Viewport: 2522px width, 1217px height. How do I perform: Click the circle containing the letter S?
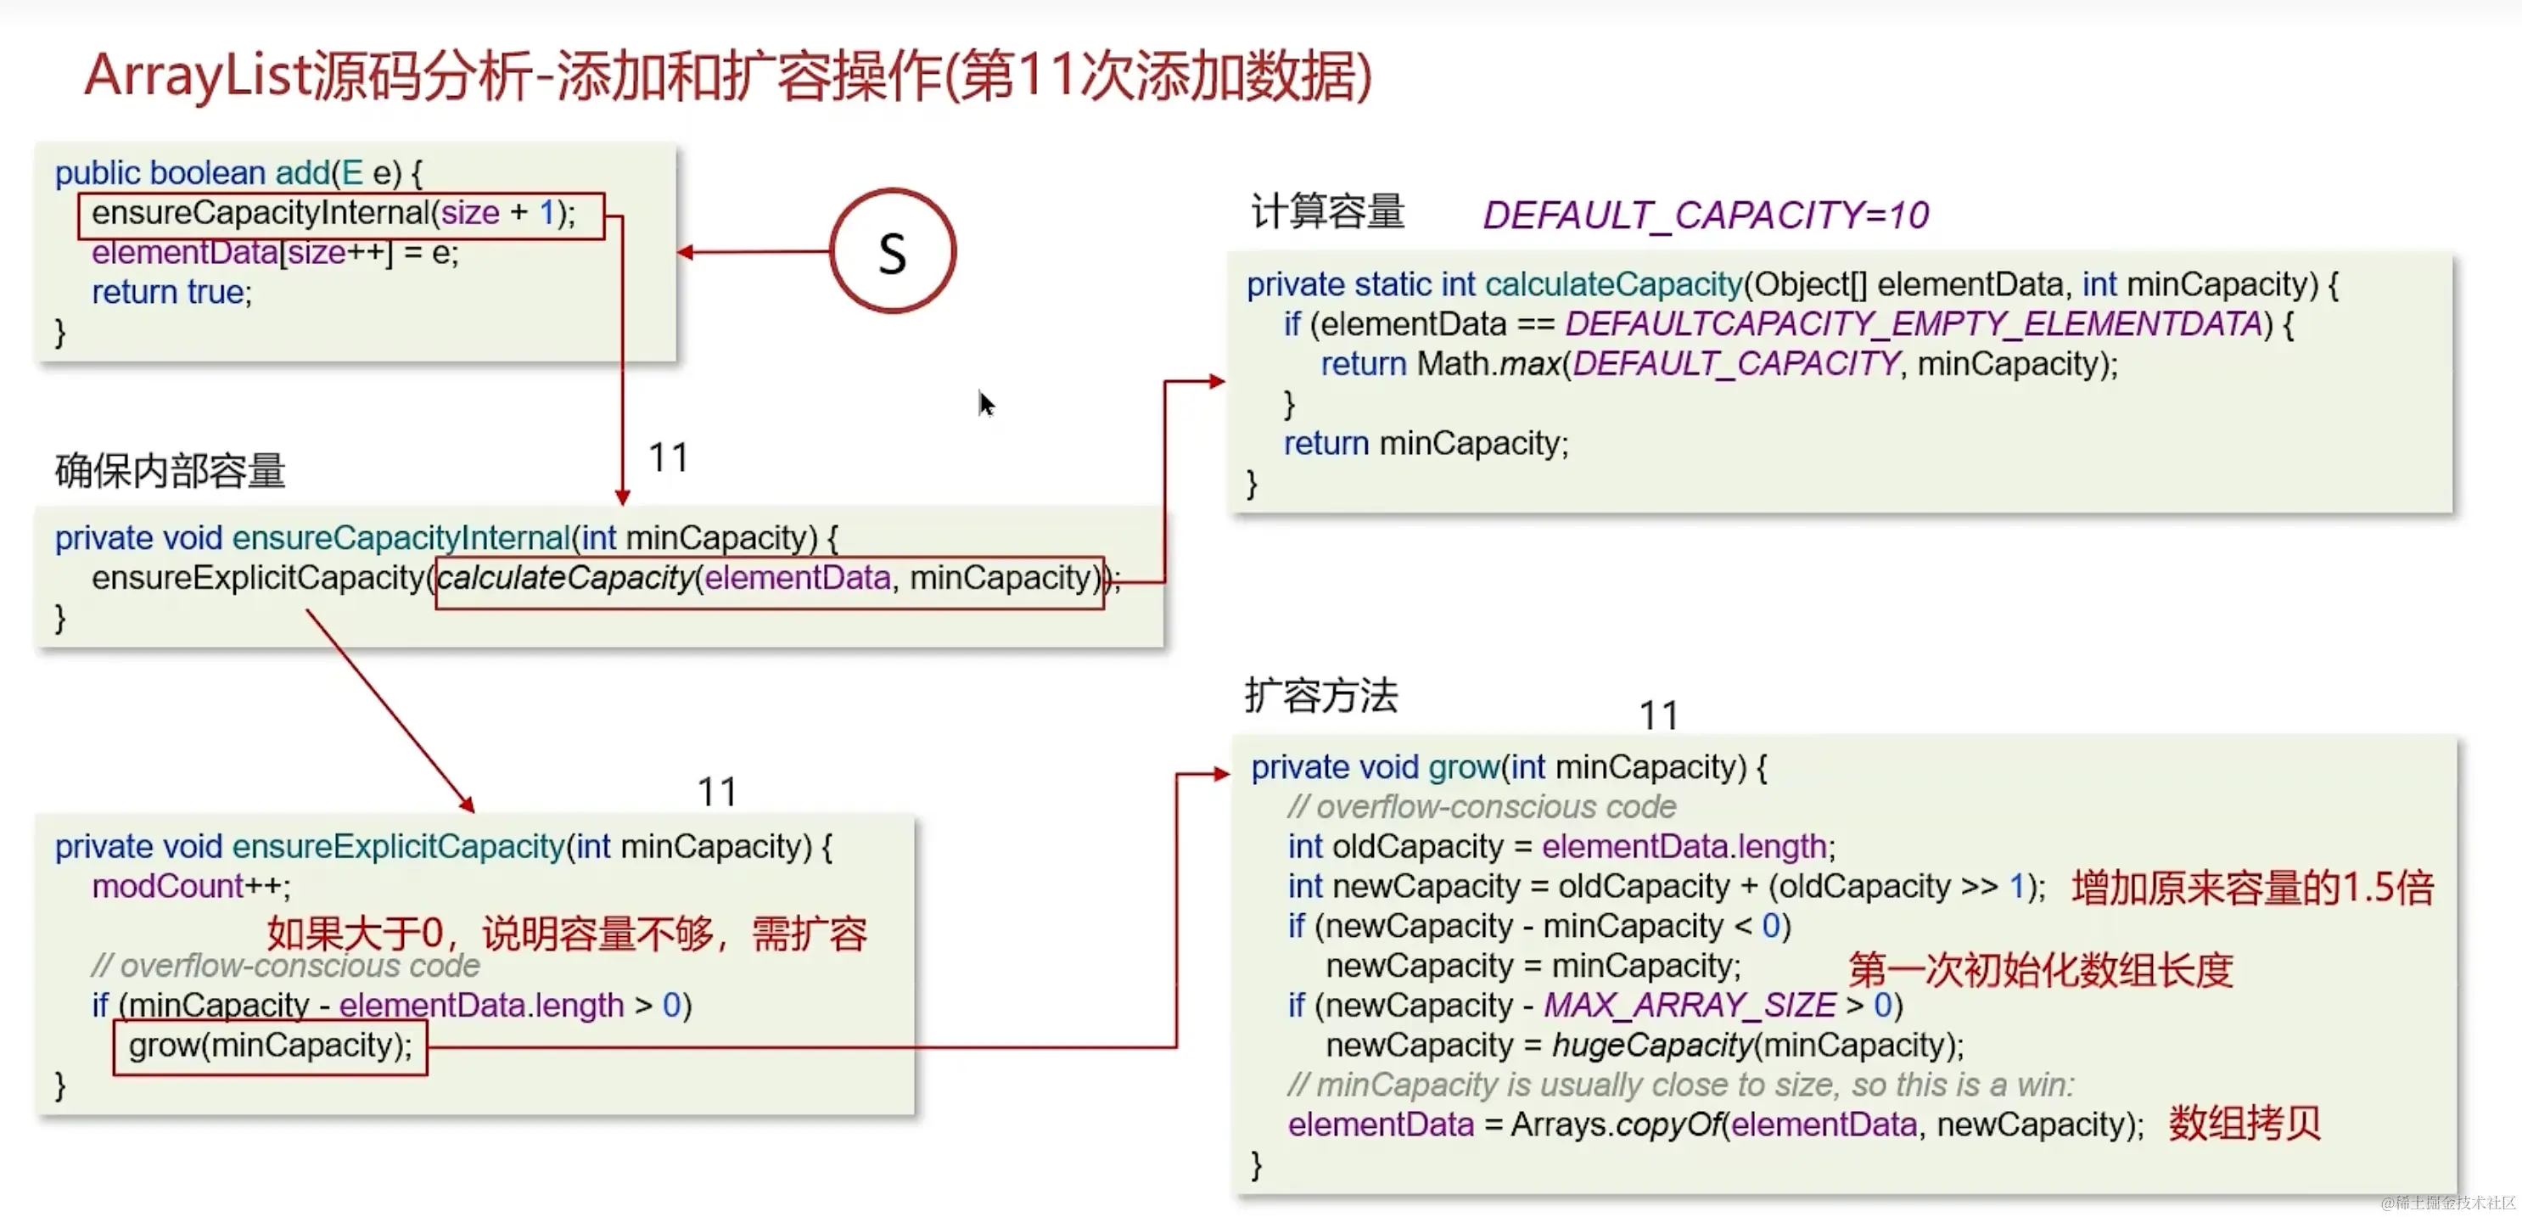coord(892,251)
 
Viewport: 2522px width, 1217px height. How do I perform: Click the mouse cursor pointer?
coord(985,402)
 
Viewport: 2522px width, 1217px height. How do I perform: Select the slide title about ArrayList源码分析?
coord(727,76)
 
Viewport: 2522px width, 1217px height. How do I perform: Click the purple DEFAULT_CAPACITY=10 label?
coord(1705,216)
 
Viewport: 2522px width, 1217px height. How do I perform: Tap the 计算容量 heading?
coord(1326,211)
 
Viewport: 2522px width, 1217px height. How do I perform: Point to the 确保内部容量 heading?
coord(170,471)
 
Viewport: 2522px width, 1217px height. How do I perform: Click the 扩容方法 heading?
coord(1320,696)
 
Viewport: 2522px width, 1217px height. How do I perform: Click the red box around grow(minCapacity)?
coord(270,1046)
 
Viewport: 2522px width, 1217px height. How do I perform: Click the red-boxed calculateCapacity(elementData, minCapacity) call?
coord(770,580)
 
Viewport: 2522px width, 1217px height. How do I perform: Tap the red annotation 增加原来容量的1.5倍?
coord(2252,888)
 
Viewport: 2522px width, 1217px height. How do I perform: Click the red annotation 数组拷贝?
coord(2244,1123)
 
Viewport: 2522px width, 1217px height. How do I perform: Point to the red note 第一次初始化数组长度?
coord(2040,969)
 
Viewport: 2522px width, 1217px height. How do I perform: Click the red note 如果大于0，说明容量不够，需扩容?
coord(567,933)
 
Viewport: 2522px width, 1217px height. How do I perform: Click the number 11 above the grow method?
coord(1658,715)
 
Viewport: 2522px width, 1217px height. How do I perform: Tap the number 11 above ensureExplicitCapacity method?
coord(717,791)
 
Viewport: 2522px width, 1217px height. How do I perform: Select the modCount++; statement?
coord(191,887)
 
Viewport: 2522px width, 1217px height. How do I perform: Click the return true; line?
coord(171,292)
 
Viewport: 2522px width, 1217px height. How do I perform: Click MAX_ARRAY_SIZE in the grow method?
coord(1689,1006)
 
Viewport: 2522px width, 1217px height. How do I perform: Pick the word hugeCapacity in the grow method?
coord(1652,1046)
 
